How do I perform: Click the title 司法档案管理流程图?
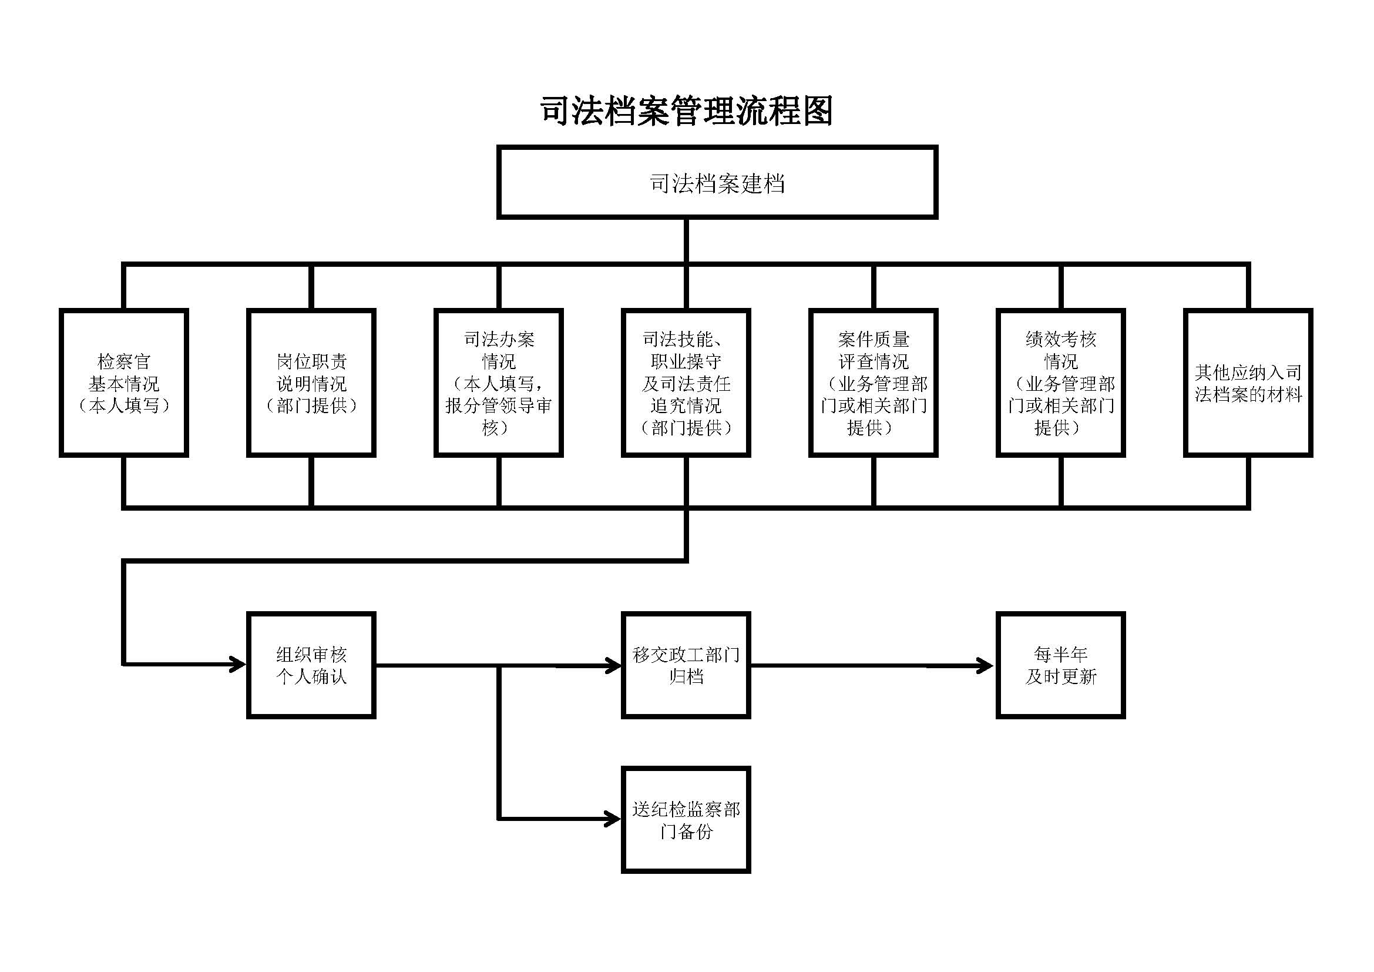686,111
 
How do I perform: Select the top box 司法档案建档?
717,183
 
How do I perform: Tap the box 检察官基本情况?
124,383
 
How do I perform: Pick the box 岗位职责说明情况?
311,383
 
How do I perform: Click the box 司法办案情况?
499,383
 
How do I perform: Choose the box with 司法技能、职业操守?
686,383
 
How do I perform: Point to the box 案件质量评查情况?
873,383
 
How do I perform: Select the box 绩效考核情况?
1060,383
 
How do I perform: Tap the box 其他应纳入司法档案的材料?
1248,383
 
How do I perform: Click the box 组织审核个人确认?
311,665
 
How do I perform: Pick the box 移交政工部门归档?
686,665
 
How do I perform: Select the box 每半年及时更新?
1060,665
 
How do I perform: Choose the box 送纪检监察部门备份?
686,820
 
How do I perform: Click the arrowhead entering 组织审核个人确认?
239,665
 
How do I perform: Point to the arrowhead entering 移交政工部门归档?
614,666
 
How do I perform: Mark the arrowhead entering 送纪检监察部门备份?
614,819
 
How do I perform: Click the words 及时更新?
1060,677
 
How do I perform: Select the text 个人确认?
311,677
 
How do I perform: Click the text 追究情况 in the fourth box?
686,406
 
